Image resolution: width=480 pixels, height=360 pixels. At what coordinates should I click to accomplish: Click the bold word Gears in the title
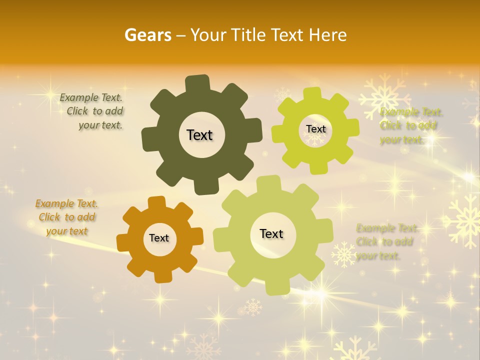[x=147, y=35]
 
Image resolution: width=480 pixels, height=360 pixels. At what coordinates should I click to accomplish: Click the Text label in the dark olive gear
[x=199, y=135]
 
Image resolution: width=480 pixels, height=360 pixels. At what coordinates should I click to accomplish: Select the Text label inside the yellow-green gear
[x=315, y=129]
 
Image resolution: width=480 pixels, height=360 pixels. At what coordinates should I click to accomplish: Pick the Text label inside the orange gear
[x=159, y=238]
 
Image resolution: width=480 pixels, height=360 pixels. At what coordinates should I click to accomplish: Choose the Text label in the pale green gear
[x=271, y=233]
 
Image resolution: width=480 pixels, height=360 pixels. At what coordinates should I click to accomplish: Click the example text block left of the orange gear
[x=67, y=217]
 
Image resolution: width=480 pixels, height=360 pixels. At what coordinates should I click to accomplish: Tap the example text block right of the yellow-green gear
[x=411, y=125]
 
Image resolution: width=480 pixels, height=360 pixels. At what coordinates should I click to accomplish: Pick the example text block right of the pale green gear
[x=386, y=242]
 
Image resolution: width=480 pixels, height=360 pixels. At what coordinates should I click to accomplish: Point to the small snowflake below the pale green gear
[x=253, y=306]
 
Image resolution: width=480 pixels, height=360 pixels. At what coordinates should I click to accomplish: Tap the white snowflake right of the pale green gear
[x=343, y=254]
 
